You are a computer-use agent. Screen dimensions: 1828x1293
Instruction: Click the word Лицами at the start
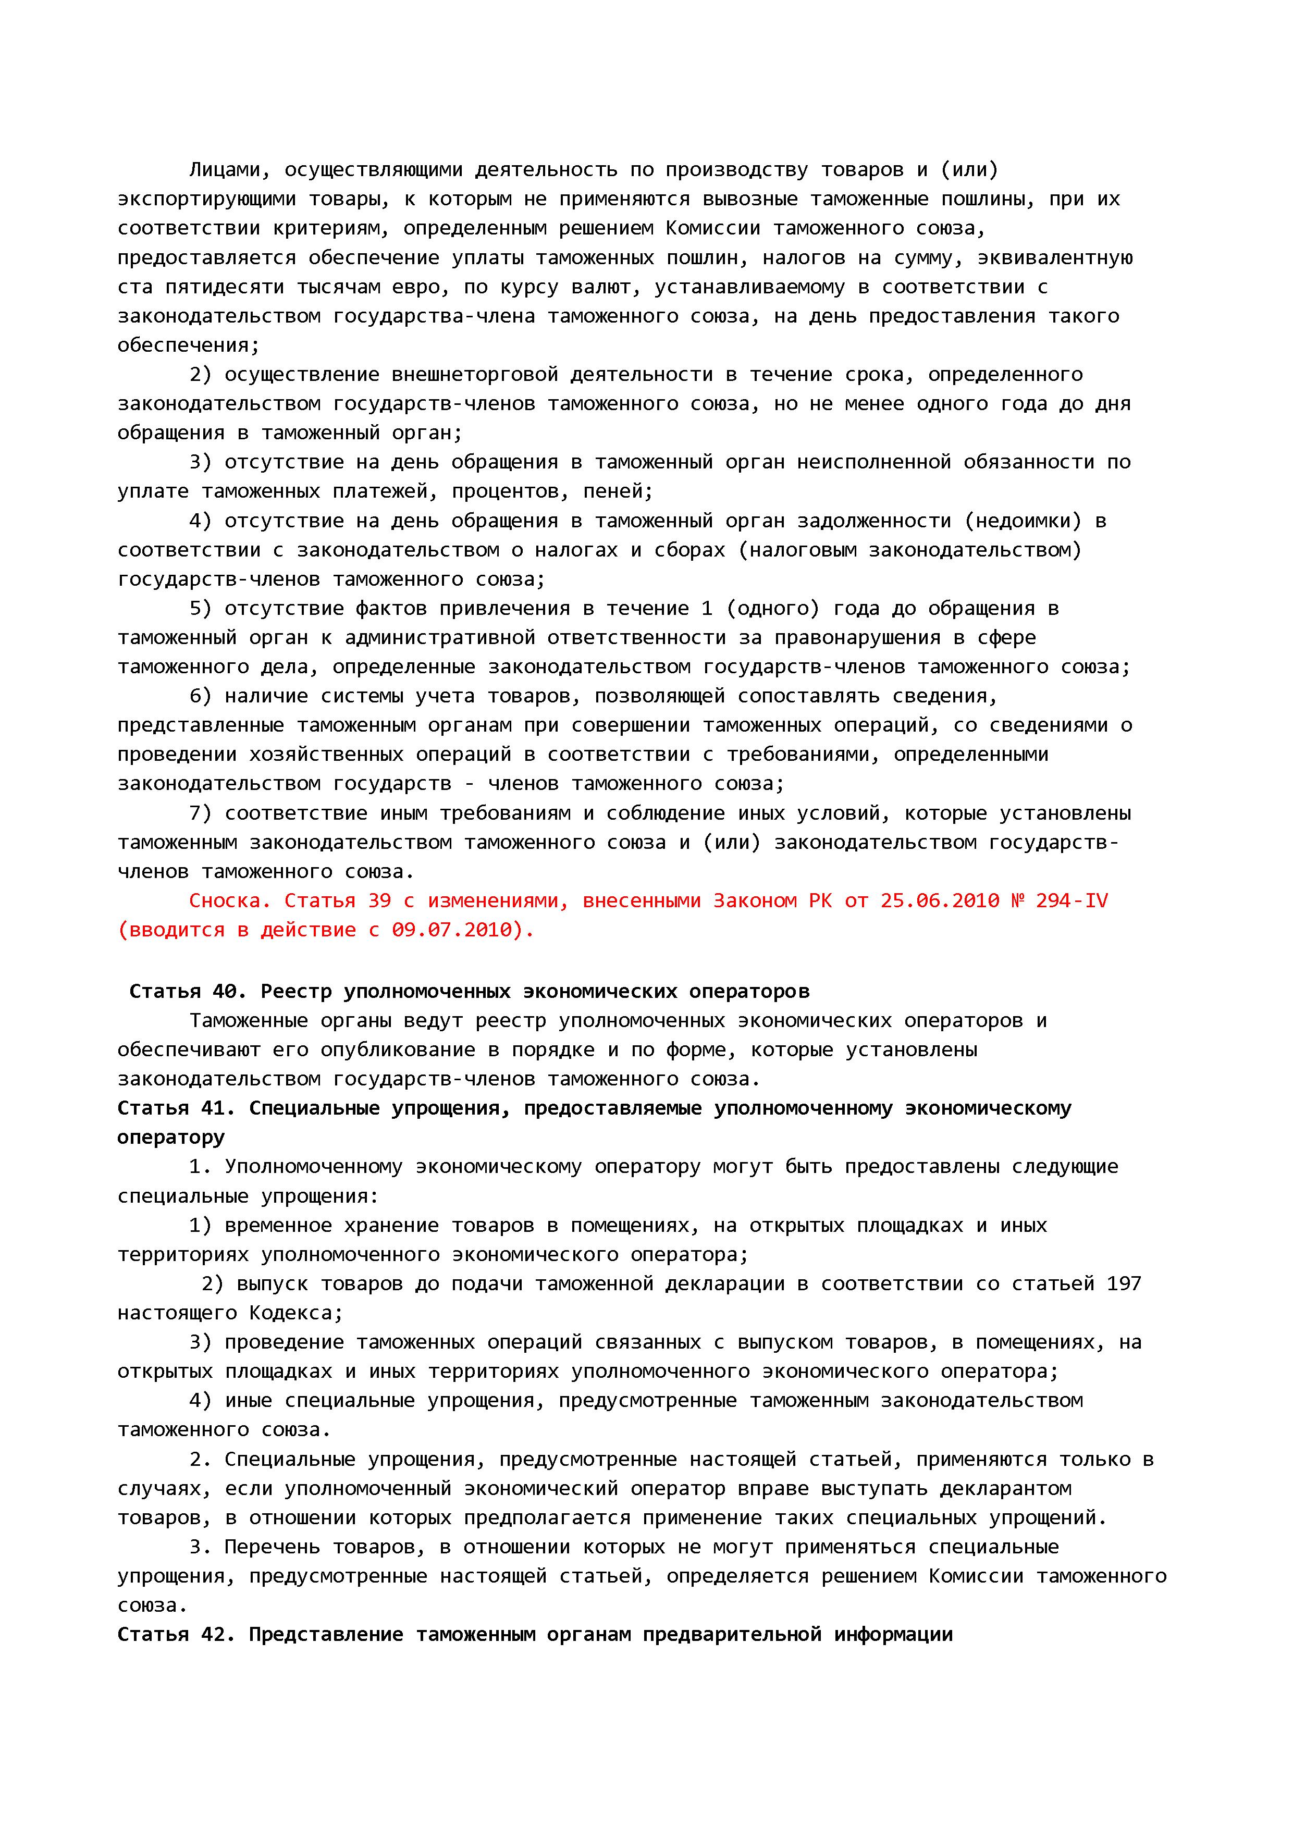click(225, 169)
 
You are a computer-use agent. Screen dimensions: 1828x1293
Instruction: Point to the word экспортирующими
click(206, 199)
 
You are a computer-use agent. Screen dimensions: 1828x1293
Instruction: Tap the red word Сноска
click(230, 900)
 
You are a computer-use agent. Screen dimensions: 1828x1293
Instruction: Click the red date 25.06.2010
click(940, 900)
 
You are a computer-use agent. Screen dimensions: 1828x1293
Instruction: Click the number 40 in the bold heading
click(224, 991)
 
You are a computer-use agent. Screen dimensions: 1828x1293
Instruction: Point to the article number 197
click(1124, 1283)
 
